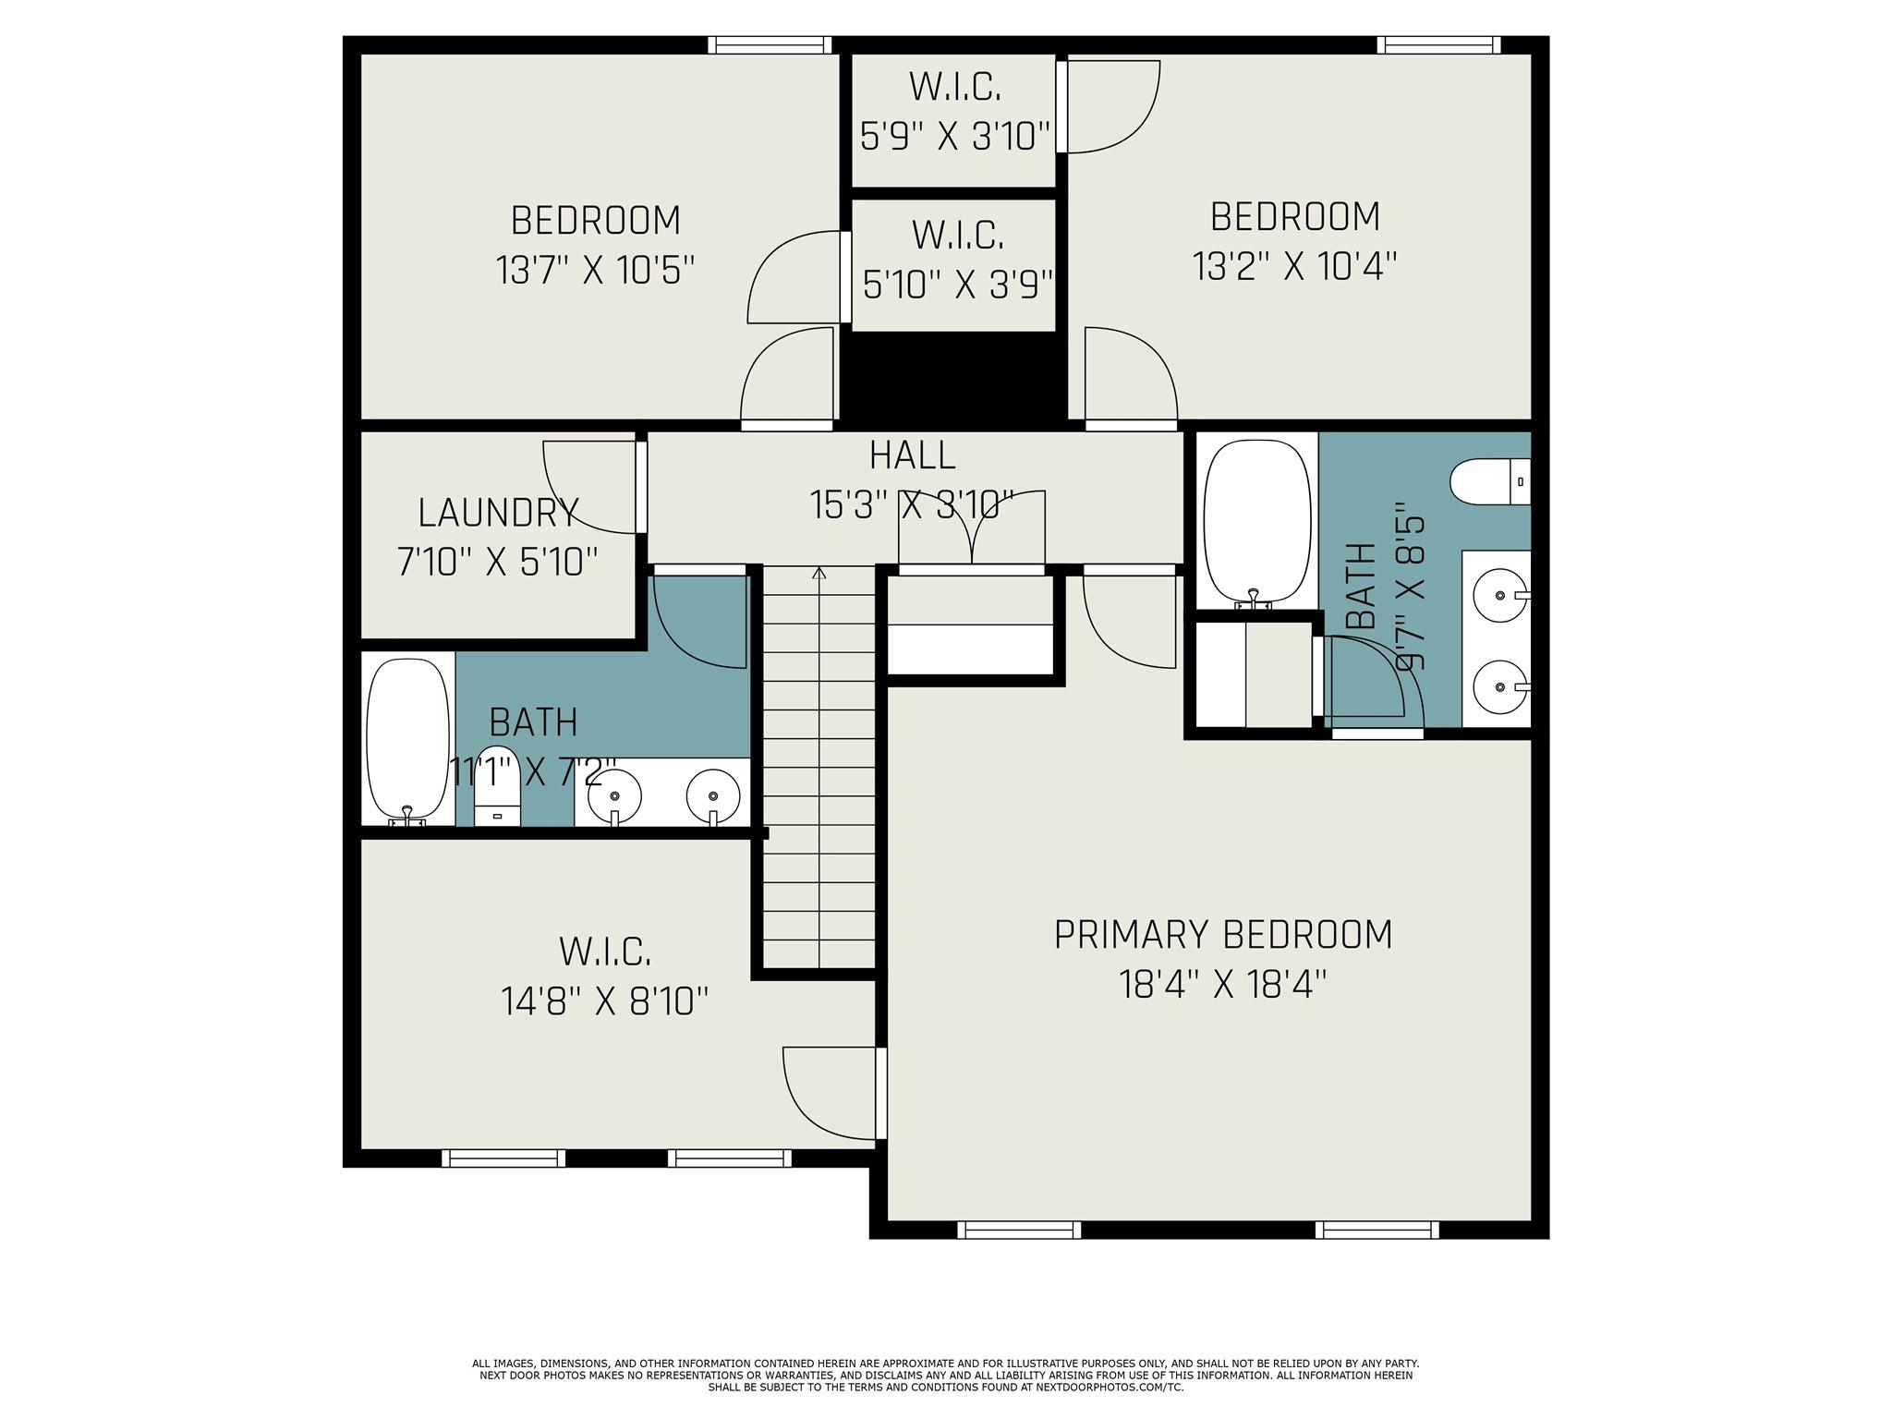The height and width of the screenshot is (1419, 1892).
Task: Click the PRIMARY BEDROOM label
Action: click(1222, 934)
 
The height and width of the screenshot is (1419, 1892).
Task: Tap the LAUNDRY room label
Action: click(498, 512)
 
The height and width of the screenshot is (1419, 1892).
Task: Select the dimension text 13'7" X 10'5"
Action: click(595, 271)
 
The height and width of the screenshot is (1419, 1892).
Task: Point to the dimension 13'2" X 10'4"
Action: click(1294, 266)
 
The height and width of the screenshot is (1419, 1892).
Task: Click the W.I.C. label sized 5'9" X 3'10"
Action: click(955, 87)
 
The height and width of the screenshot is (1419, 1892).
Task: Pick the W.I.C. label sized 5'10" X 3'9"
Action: click(958, 235)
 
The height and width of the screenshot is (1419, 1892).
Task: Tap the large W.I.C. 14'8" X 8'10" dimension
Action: click(605, 1001)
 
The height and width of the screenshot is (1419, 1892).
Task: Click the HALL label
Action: click(912, 455)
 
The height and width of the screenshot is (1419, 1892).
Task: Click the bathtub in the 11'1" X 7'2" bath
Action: click(408, 738)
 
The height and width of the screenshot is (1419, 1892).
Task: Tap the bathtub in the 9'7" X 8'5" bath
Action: click(1257, 521)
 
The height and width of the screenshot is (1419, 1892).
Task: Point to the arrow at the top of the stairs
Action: click(819, 574)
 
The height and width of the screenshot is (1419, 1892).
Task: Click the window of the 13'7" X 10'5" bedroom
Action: click(770, 44)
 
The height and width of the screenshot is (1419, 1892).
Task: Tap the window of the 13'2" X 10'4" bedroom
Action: click(1437, 44)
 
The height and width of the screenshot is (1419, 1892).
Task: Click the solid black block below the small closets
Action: click(953, 377)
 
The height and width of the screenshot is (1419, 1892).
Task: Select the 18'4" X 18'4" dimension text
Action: click(1222, 984)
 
